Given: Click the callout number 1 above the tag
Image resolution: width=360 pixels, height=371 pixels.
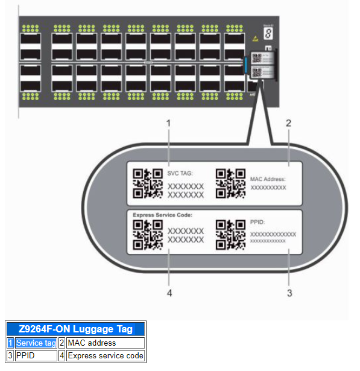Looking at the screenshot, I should (x=169, y=123).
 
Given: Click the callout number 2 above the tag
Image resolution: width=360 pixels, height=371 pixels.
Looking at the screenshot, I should (x=289, y=123).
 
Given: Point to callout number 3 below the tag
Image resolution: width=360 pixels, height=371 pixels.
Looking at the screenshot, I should (x=289, y=293).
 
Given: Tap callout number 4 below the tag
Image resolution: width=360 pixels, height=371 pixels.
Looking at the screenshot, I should (x=169, y=293).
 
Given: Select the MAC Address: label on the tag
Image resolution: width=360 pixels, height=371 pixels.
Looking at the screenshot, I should (x=267, y=179).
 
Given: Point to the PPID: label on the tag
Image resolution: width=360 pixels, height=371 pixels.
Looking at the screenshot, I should (x=258, y=222).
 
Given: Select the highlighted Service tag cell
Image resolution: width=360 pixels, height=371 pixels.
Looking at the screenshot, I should (x=36, y=343).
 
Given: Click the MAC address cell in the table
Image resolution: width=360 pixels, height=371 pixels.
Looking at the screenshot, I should (x=92, y=343).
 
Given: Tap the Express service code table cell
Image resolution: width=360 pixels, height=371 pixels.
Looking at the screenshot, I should (x=106, y=356).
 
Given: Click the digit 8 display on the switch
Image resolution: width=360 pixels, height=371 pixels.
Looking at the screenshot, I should (x=268, y=34).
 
